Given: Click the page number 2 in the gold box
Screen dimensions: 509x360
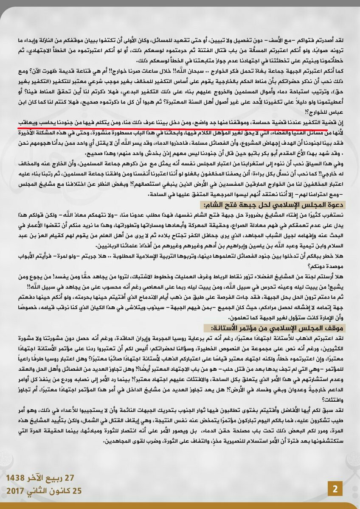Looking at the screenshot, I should coord(335,489).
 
